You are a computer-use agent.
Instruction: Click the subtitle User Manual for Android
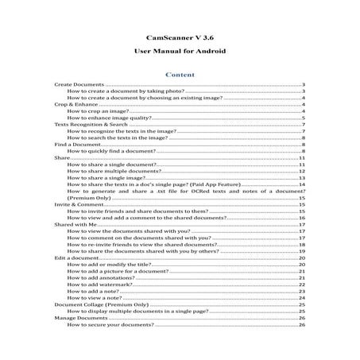tap(180, 51)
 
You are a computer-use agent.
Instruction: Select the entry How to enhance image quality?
tap(116, 118)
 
